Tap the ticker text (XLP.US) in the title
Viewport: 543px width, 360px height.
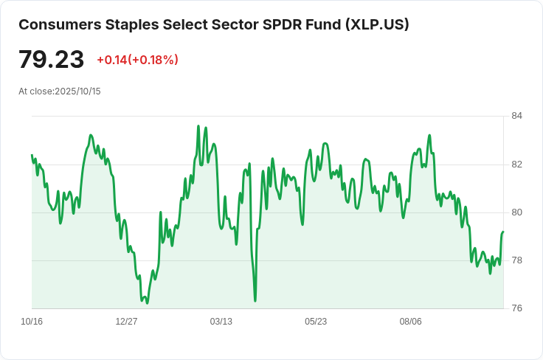coord(376,24)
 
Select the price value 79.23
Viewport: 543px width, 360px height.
coord(51,60)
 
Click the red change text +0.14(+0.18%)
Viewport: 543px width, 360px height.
coord(137,60)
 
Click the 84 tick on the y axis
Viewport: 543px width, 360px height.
coord(516,116)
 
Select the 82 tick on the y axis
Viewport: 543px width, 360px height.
coord(516,164)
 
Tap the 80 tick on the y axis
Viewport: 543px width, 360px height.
coord(516,212)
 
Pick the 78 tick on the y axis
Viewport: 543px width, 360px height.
coord(516,260)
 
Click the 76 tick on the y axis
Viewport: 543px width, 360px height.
coord(516,308)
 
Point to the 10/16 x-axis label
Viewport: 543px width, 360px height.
coord(32,322)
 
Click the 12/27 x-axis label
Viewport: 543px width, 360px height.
coord(126,322)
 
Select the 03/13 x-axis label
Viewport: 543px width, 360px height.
coord(221,322)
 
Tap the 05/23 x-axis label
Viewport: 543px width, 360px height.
coord(316,322)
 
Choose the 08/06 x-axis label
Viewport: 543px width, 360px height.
coord(410,322)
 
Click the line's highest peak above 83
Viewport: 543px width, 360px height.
coord(198,126)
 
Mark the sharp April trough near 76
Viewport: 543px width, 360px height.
coord(255,300)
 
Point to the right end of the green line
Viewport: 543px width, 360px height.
coord(503,232)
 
